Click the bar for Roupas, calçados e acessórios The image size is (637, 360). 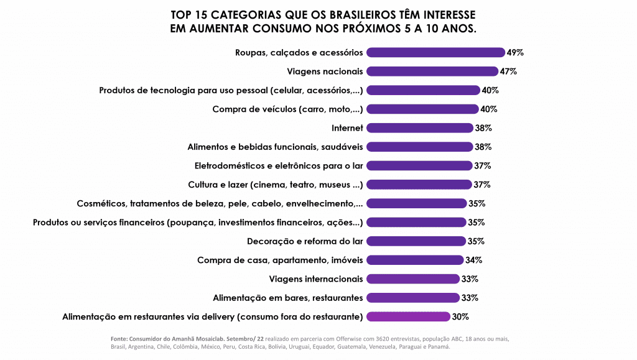(x=435, y=52)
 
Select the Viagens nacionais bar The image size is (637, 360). (x=432, y=71)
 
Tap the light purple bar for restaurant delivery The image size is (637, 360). (x=408, y=316)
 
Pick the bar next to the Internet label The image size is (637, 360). (x=420, y=128)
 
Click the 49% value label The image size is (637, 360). (x=515, y=52)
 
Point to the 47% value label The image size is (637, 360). (x=508, y=71)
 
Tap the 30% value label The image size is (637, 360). (x=460, y=316)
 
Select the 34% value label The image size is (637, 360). (x=473, y=260)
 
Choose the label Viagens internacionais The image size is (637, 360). (x=317, y=279)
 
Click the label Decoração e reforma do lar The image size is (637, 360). (x=305, y=241)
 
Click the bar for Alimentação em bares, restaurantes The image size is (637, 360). (x=413, y=298)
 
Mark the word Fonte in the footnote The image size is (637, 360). (x=119, y=339)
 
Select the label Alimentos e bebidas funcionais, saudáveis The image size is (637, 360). (x=275, y=147)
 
